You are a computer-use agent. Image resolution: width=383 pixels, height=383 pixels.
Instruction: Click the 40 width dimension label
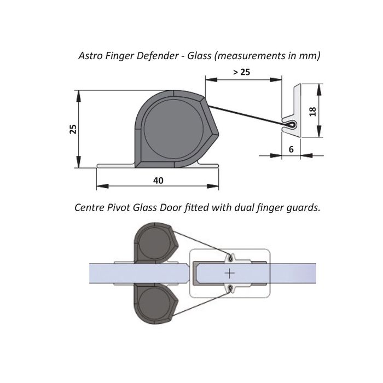[x=158, y=181]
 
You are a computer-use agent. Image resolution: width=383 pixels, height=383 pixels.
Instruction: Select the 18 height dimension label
[x=312, y=112]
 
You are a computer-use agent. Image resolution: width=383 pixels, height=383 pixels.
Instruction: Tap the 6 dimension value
[x=291, y=149]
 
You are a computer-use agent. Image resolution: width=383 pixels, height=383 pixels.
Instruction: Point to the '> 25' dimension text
[x=242, y=72]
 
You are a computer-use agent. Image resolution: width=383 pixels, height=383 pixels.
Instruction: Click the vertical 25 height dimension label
[x=73, y=129]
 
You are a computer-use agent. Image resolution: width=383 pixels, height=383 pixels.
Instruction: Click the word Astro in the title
[x=91, y=56]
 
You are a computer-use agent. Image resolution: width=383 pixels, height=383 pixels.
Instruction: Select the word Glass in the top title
[x=199, y=56]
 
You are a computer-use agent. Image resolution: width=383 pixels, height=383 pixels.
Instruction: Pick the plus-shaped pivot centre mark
[x=230, y=273]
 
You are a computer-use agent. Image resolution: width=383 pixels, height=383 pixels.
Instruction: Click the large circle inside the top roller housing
[x=173, y=130]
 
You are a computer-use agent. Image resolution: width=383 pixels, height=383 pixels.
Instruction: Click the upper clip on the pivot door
[x=230, y=258]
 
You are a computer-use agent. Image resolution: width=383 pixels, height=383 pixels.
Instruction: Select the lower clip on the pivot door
[x=230, y=289]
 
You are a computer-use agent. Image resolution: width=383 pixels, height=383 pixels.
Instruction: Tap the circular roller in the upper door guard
[x=155, y=244]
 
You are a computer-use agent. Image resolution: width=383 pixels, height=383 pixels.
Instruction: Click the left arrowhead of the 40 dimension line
[x=102, y=186]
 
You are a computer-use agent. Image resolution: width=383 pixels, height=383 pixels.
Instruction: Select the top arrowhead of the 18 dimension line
[x=319, y=89]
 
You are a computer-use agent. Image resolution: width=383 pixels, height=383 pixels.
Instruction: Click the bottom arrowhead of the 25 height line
[x=78, y=162]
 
